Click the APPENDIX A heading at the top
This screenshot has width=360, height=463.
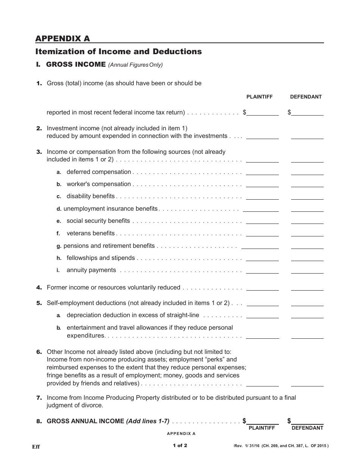tap(63, 39)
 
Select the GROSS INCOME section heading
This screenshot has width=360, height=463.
tap(76, 64)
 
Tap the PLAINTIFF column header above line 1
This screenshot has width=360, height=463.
tap(260, 97)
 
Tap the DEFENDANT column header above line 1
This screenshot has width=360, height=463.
tap(306, 97)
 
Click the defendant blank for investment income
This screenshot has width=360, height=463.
tap(307, 136)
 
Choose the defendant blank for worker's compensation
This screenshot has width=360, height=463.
tap(307, 185)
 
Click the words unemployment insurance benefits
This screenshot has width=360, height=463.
tap(110, 209)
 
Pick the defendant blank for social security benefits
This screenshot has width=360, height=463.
tap(307, 221)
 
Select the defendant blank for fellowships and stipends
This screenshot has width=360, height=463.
tap(307, 258)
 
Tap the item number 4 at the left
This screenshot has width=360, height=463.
tap(39, 288)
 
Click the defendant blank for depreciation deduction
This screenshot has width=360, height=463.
tap(307, 316)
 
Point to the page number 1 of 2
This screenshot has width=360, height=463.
tap(180, 446)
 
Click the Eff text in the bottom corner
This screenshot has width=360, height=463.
tap(36, 447)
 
